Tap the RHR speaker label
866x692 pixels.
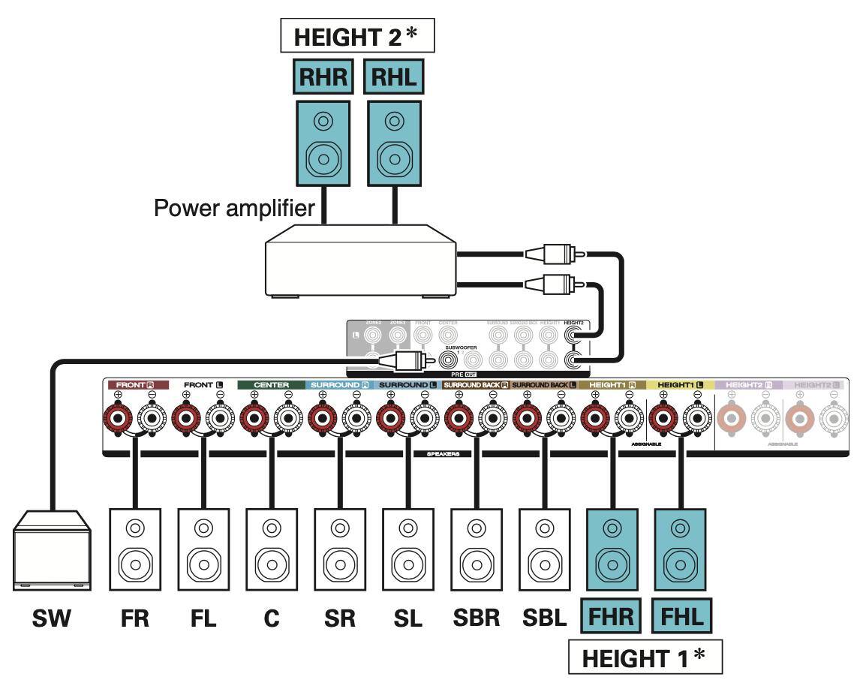[322, 77]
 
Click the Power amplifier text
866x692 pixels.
[234, 208]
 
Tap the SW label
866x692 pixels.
[52, 619]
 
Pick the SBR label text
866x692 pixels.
[476, 619]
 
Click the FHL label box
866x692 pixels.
[680, 617]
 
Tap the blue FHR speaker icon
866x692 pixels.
[612, 552]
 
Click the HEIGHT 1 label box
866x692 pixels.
[644, 658]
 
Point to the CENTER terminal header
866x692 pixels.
[271, 385]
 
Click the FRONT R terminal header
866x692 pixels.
[135, 385]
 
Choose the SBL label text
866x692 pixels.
[544, 619]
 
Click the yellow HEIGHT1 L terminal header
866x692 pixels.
[680, 385]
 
